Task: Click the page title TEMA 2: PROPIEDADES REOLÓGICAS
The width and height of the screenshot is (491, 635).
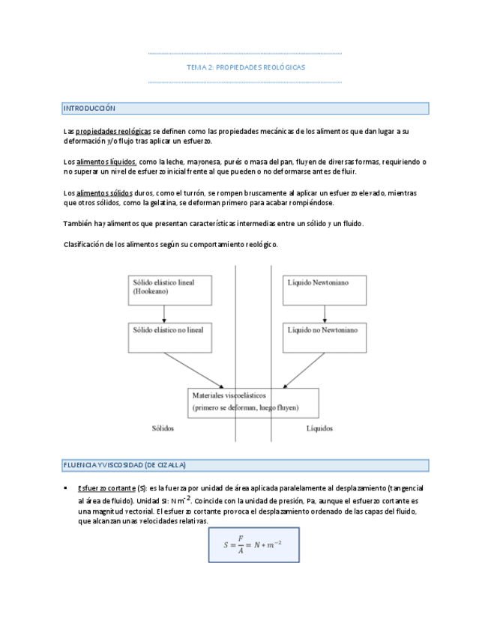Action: (245, 67)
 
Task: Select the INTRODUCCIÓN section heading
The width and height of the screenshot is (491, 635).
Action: (89, 109)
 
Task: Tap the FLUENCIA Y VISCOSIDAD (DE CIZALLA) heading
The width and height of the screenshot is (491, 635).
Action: (124, 465)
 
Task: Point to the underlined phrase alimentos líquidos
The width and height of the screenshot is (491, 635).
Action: (106, 161)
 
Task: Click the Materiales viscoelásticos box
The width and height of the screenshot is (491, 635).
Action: (253, 401)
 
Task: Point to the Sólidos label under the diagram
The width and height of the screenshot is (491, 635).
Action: (162, 428)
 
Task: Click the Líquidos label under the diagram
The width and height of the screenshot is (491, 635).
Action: (319, 428)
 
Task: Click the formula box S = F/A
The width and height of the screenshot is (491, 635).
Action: (253, 544)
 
